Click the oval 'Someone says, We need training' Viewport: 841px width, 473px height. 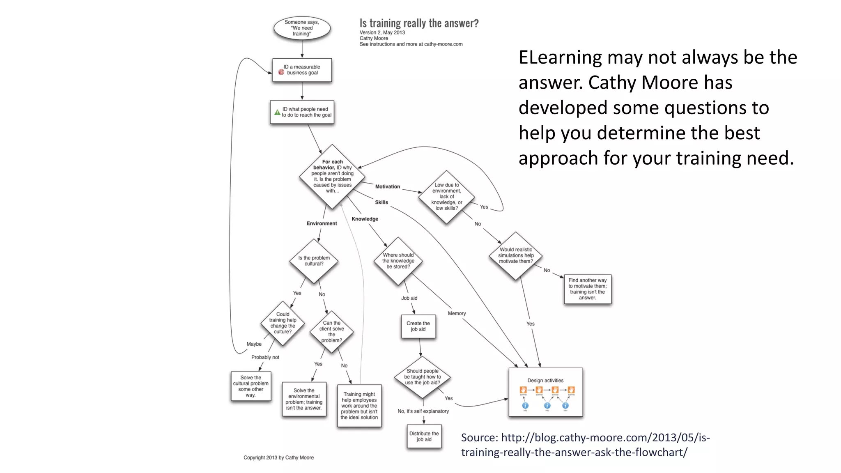(x=302, y=28)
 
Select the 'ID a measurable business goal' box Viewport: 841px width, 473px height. (x=302, y=70)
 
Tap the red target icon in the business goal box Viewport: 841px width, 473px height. (x=281, y=72)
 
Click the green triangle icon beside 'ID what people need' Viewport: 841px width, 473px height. (x=277, y=112)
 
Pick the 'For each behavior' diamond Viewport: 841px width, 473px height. (x=332, y=177)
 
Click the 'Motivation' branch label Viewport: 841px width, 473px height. (x=387, y=186)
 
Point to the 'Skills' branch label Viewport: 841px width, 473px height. (x=381, y=202)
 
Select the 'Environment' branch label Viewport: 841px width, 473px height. (x=322, y=223)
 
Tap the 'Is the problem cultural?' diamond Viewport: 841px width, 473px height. (x=314, y=261)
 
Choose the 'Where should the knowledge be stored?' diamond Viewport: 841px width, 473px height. (x=398, y=261)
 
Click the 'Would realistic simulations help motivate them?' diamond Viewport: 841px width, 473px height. (x=516, y=255)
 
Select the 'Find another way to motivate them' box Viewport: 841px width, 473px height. (x=587, y=289)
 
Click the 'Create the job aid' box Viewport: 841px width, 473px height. (x=418, y=326)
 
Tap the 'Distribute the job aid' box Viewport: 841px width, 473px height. (x=424, y=436)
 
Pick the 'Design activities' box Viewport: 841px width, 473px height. (x=545, y=392)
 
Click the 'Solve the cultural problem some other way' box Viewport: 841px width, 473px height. (x=250, y=386)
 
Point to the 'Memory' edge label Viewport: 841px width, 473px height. (x=457, y=313)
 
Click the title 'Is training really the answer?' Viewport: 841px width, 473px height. (x=419, y=23)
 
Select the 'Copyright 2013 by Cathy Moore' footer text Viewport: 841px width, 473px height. (x=278, y=457)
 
